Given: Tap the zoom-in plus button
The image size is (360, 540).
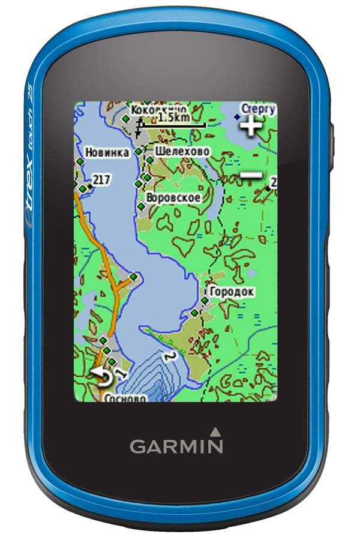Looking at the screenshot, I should pyautogui.click(x=251, y=126).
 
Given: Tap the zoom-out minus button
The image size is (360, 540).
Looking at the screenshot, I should pyautogui.click(x=251, y=175).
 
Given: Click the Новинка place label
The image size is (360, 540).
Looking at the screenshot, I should pyautogui.click(x=107, y=152).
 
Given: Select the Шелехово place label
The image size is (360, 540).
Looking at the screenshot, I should pyautogui.click(x=182, y=151).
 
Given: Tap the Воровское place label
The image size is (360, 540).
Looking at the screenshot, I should pyautogui.click(x=173, y=197).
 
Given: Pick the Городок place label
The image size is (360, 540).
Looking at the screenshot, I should pyautogui.click(x=232, y=292).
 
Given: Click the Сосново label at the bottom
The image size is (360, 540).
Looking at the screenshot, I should pyautogui.click(x=125, y=397).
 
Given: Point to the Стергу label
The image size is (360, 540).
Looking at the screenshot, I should pyautogui.click(x=259, y=109).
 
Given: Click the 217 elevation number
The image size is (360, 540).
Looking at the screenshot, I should pyautogui.click(x=101, y=179).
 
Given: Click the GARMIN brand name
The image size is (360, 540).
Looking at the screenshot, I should pyautogui.click(x=176, y=446).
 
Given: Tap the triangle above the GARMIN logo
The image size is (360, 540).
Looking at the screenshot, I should pyautogui.click(x=215, y=430).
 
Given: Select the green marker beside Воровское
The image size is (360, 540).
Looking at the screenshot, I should pyautogui.click(x=142, y=206).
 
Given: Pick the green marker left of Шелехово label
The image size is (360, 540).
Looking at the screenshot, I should pyautogui.click(x=139, y=152).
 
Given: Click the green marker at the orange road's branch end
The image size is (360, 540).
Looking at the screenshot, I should pyautogui.click(x=133, y=277).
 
